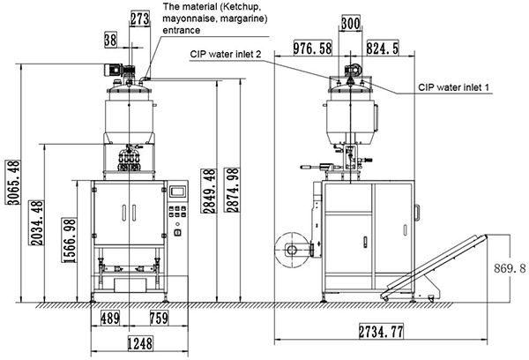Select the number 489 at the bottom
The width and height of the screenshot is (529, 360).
coord(109,318)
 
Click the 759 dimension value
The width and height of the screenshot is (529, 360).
coord(159,318)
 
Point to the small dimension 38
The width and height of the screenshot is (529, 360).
coord(109,39)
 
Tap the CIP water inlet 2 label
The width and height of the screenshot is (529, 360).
coord(227,55)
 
